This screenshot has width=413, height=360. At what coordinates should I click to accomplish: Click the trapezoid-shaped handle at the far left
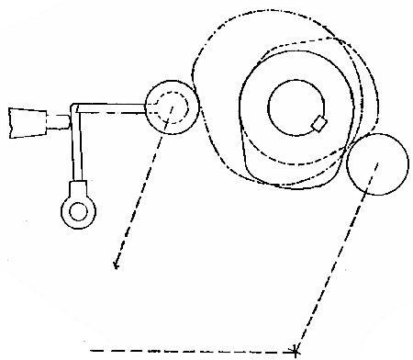coord(28,122)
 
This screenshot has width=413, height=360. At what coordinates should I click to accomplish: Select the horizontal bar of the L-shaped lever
coord(110,108)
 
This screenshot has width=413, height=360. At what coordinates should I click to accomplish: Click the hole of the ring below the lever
coord(76,211)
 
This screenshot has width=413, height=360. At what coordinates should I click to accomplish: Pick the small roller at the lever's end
coord(172,107)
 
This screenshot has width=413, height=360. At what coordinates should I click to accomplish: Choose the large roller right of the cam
coord(376,163)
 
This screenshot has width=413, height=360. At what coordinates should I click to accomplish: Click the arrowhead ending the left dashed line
coord(116,266)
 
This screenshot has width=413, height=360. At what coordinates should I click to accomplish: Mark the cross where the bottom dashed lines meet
coord(295,350)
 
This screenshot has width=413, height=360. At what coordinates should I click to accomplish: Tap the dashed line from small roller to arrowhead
coord(140,197)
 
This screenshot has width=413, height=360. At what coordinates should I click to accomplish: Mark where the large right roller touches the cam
coord(350,150)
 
